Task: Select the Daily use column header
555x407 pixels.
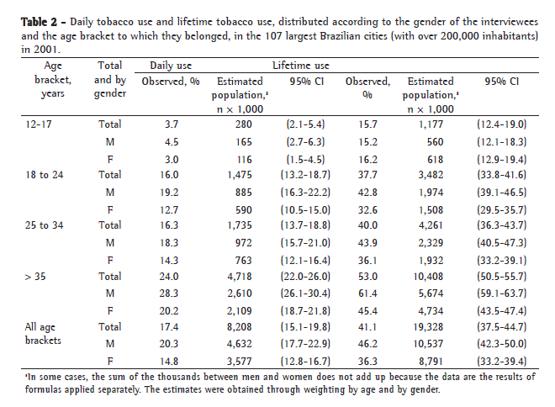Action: [x=172, y=65]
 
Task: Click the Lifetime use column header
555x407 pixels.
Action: [x=300, y=65]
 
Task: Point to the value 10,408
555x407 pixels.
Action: [x=431, y=276]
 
